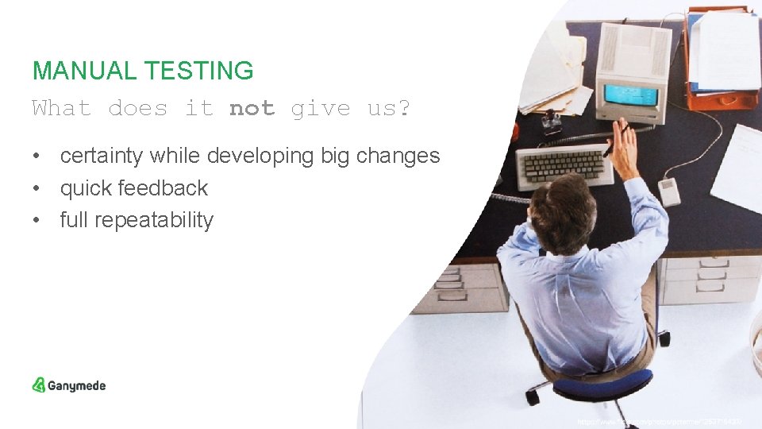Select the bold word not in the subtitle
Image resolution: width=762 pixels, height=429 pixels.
(x=252, y=108)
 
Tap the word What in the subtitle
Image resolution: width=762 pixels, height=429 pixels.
(x=62, y=108)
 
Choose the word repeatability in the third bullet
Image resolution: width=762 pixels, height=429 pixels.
(x=153, y=220)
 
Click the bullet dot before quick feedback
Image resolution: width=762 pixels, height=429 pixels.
(x=37, y=189)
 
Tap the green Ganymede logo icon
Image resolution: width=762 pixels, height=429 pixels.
(x=39, y=385)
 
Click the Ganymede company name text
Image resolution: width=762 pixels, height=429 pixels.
(x=76, y=386)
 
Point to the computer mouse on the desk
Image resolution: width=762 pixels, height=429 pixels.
(x=669, y=191)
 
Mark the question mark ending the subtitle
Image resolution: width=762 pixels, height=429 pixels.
(x=404, y=108)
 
